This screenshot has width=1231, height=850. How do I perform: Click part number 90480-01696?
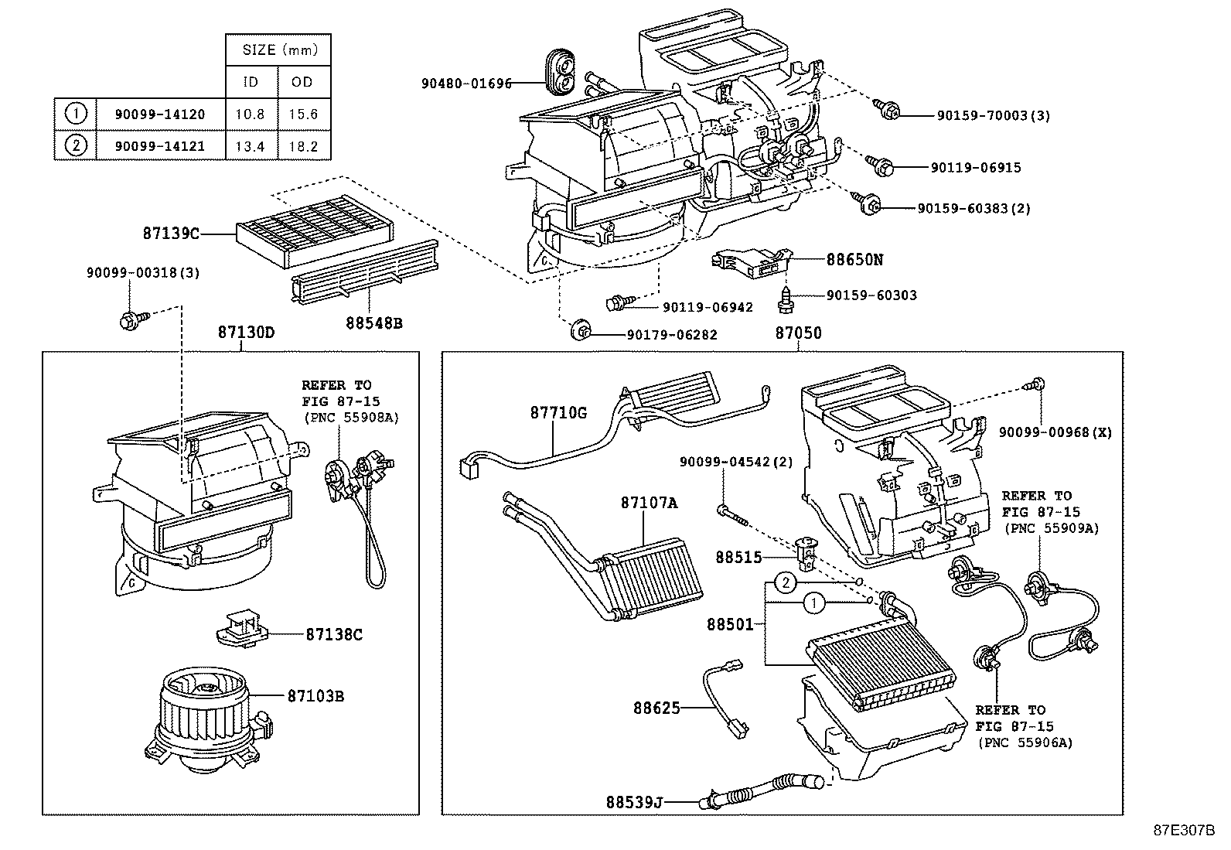click(x=466, y=84)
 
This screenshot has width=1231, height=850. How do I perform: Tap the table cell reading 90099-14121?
click(x=160, y=146)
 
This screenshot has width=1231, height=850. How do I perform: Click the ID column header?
click(x=251, y=82)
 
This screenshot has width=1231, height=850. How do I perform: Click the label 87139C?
click(x=171, y=232)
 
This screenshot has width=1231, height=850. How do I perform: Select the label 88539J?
click(x=634, y=801)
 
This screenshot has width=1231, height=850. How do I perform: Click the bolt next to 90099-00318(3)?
click(x=128, y=319)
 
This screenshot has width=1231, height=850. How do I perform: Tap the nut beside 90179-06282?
click(x=578, y=333)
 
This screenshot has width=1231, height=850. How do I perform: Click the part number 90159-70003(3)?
click(x=993, y=116)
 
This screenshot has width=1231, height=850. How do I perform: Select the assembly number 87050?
click(x=798, y=333)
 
